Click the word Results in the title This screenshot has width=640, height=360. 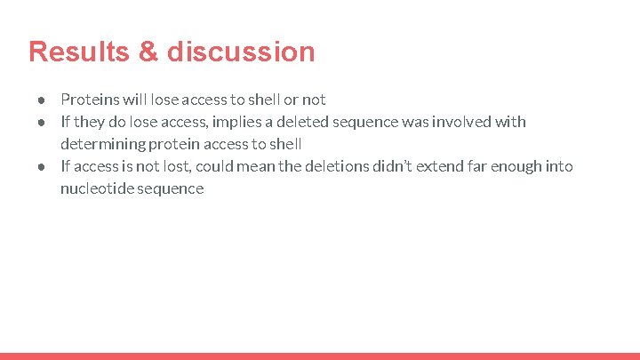click(x=76, y=52)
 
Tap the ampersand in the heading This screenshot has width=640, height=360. click(x=148, y=52)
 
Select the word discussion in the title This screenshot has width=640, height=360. click(x=240, y=52)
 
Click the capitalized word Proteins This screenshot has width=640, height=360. click(x=88, y=100)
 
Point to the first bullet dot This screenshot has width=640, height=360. click(x=42, y=100)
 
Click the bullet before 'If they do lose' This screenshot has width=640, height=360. click(x=42, y=122)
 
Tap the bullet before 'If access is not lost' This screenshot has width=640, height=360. click(x=42, y=166)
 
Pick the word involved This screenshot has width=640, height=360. click(x=467, y=122)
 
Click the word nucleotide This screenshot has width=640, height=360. click(x=96, y=188)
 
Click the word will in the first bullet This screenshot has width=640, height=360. click(x=135, y=100)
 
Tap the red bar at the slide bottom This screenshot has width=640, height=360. click(x=320, y=356)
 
